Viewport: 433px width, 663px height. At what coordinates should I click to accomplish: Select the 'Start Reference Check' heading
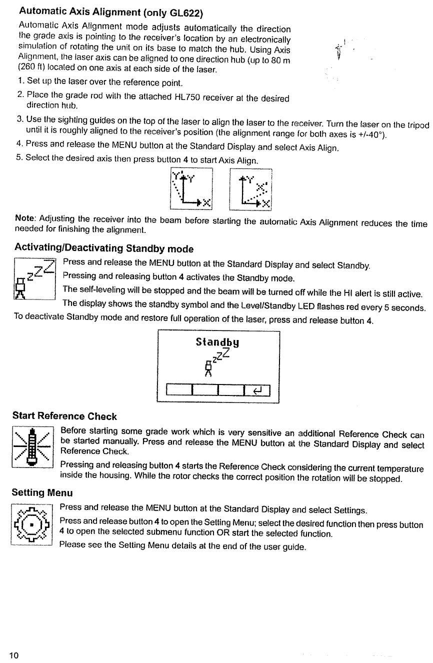[64, 416]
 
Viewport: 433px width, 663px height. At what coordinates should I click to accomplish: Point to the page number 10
[13, 655]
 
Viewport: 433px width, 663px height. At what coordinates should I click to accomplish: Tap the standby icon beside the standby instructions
[33, 278]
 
